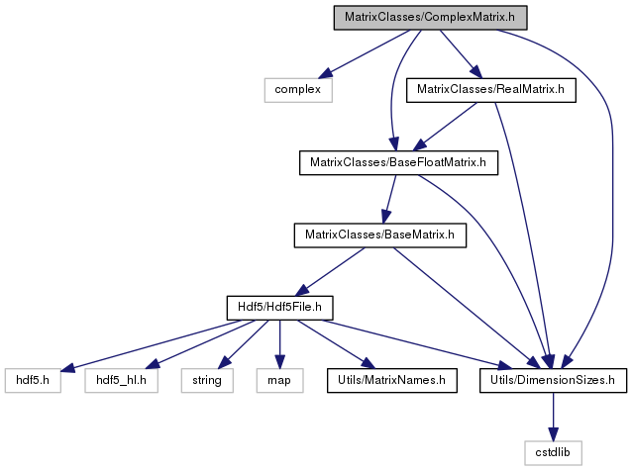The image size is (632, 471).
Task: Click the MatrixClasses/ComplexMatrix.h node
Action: tap(430, 17)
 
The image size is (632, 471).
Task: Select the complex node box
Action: tap(298, 90)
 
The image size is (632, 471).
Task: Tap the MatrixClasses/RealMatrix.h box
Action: tap(491, 90)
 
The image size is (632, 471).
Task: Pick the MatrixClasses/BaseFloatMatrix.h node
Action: tap(398, 162)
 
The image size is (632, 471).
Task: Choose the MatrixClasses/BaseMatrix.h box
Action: tap(380, 235)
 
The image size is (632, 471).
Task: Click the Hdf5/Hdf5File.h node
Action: tap(279, 308)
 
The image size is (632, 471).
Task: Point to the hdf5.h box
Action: tap(33, 380)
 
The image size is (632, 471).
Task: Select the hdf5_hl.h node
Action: tap(121, 380)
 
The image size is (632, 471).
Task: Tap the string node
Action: tap(207, 380)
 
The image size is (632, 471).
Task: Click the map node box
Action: tap(279, 380)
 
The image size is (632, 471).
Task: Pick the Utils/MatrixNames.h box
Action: tap(391, 380)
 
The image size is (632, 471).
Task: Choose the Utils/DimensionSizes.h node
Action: tap(553, 380)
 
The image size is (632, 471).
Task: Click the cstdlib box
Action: tap(553, 453)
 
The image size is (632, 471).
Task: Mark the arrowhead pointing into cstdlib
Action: tap(553, 434)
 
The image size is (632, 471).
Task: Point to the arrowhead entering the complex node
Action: tap(325, 74)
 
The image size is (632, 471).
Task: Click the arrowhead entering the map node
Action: tap(279, 362)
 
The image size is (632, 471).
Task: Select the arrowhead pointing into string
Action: tap(224, 362)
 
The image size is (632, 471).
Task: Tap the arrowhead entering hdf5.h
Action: tap(67, 367)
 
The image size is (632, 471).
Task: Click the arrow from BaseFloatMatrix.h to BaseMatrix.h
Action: tap(390, 199)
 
